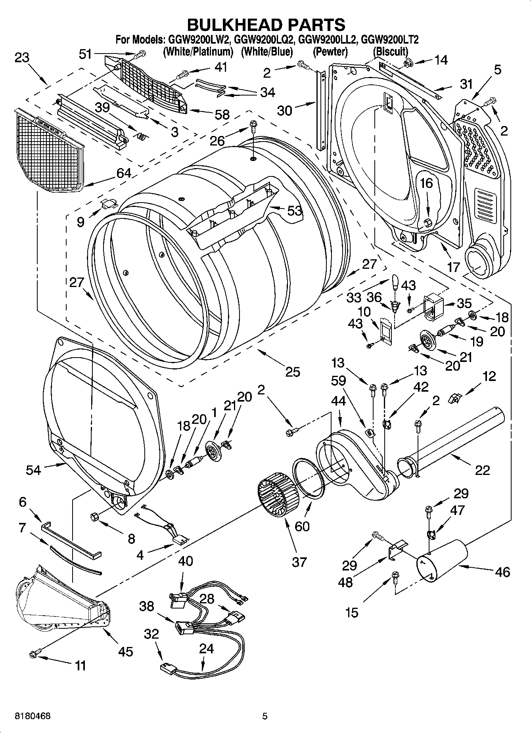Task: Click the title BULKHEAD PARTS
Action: click(266, 25)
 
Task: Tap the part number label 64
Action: click(124, 173)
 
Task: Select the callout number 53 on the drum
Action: click(295, 211)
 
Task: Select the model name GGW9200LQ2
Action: click(263, 40)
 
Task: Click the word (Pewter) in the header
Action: click(330, 52)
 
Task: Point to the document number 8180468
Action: click(33, 716)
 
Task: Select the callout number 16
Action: click(427, 183)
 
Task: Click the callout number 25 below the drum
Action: click(292, 372)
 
